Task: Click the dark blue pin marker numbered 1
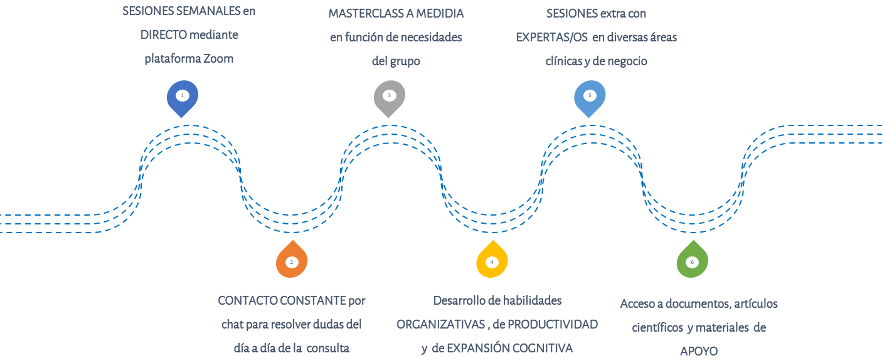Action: pyautogui.click(x=183, y=97)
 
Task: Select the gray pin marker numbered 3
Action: pyautogui.click(x=390, y=97)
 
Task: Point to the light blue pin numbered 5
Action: pyautogui.click(x=590, y=97)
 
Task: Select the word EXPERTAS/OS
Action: pyautogui.click(x=551, y=37)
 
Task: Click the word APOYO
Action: pyautogui.click(x=699, y=351)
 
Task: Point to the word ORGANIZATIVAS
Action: pyautogui.click(x=440, y=325)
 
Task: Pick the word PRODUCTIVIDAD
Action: pyautogui.click(x=553, y=325)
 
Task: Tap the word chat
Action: pyautogui.click(x=231, y=325)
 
